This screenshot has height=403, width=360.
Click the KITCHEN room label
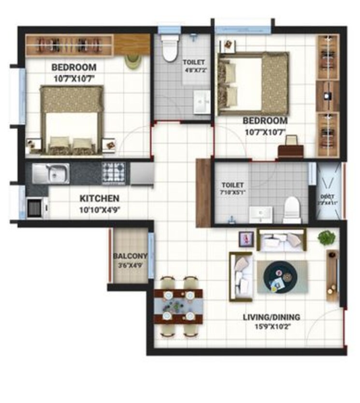(99, 198)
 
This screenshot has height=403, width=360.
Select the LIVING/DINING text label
(271, 317)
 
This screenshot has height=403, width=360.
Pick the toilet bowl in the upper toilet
(170, 49)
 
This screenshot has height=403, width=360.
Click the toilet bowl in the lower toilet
(292, 209)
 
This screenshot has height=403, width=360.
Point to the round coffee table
(278, 277)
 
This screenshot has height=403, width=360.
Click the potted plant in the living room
(327, 238)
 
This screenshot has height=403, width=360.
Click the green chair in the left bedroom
(132, 61)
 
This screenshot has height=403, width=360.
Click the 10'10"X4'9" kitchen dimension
(99, 209)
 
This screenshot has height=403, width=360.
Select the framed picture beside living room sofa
(246, 238)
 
